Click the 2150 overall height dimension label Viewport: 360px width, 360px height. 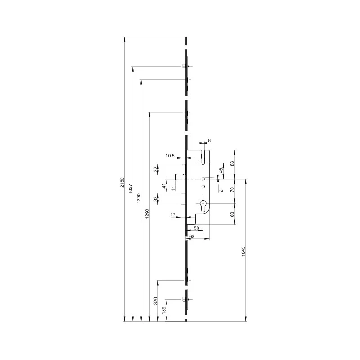pos(122,182)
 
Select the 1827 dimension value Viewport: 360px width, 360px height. pos(130,189)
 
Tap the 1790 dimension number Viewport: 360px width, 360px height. pos(139,198)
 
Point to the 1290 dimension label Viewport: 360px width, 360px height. pos(148,213)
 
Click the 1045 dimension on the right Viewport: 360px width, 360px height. pos(243,252)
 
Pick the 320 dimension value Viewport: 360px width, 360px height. pos(156,301)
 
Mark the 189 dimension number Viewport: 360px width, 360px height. pos(164,310)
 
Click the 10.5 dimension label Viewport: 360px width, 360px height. pos(170,156)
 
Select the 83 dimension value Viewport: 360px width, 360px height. pos(232,163)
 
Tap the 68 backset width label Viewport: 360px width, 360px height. pos(192,236)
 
